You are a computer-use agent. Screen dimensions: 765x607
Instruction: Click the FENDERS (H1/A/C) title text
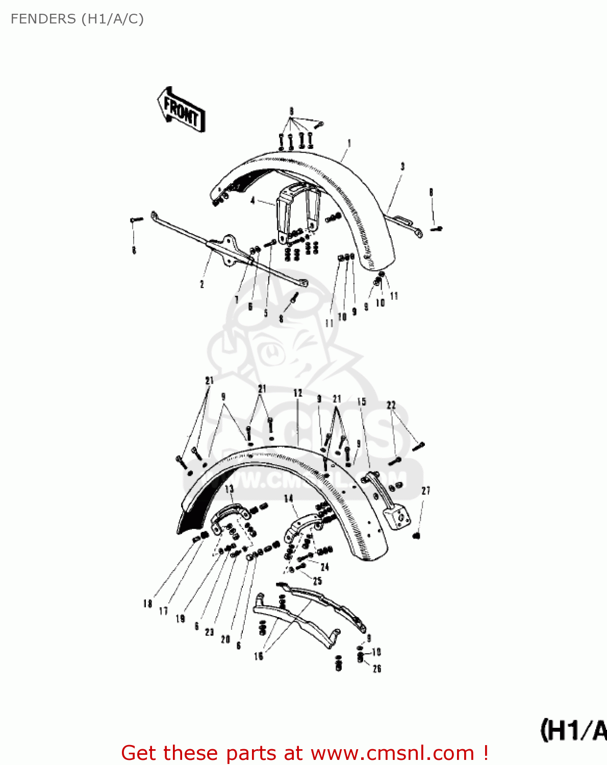(x=77, y=19)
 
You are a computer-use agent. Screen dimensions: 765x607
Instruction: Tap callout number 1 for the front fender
(x=349, y=143)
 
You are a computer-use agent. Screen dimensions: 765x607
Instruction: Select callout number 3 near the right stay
(x=402, y=166)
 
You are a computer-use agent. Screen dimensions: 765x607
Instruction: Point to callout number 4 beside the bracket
(x=253, y=201)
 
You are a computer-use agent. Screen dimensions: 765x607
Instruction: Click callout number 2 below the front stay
(x=202, y=284)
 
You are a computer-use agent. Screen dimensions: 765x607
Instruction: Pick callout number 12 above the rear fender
(x=298, y=393)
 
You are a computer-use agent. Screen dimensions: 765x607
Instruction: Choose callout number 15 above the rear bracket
(x=361, y=401)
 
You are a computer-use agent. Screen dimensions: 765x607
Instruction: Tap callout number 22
(x=391, y=405)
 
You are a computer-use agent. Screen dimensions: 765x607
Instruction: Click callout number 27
(x=426, y=491)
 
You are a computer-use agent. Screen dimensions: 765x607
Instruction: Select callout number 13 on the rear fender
(x=230, y=489)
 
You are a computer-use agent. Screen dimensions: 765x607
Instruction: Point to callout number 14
(x=289, y=498)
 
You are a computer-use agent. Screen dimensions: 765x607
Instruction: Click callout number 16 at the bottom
(x=259, y=656)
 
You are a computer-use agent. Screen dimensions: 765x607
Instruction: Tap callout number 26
(x=377, y=669)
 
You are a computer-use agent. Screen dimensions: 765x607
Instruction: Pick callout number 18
(x=147, y=603)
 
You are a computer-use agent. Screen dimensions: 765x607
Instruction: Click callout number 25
(x=317, y=581)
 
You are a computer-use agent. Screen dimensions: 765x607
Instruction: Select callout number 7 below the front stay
(x=237, y=300)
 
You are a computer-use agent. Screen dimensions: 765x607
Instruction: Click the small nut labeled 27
(x=416, y=535)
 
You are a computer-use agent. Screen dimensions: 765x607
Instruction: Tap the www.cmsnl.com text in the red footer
(x=393, y=753)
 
